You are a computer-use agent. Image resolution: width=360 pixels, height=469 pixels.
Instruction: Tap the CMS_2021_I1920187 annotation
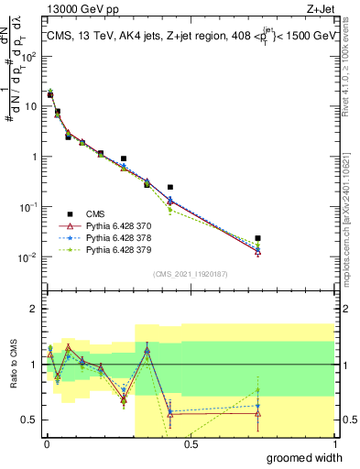(190, 273)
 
